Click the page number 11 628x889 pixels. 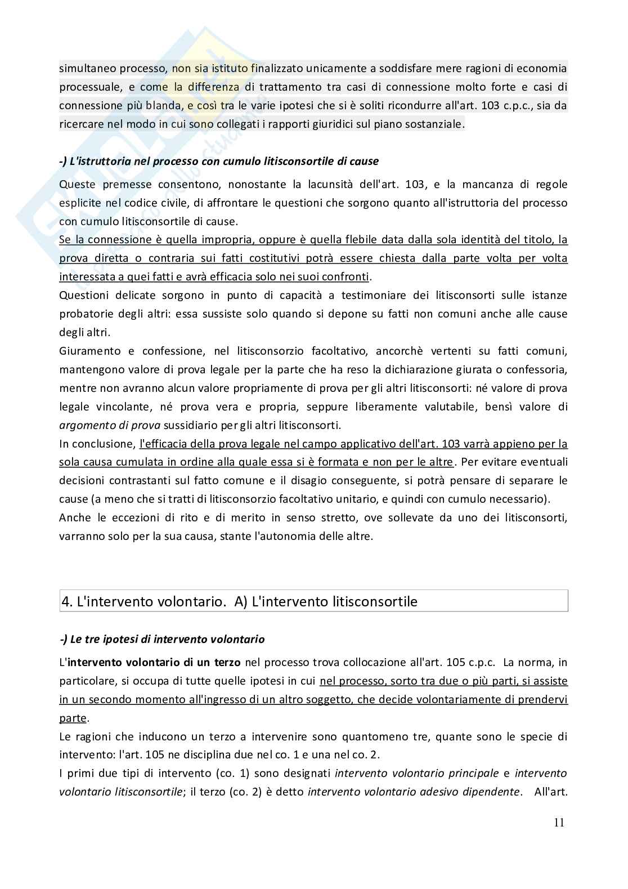pos(559,823)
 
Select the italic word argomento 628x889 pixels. pos(84,425)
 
